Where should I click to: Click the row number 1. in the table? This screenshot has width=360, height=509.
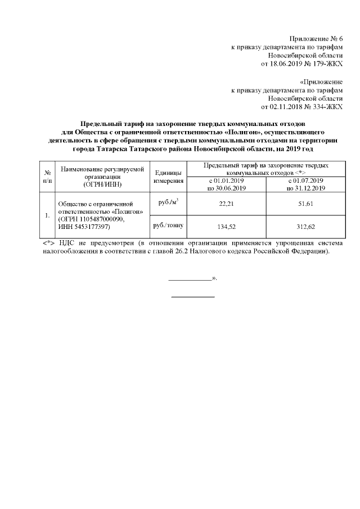48,215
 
